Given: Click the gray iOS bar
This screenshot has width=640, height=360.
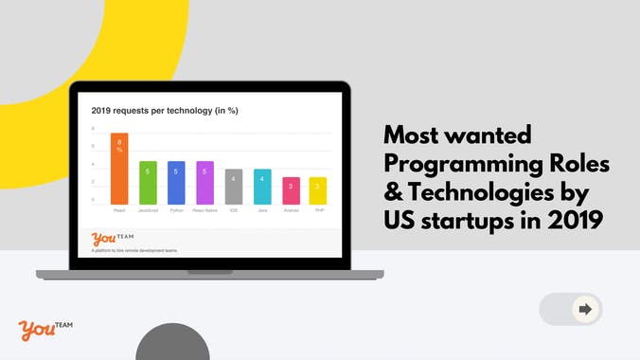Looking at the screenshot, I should pyautogui.click(x=234, y=187).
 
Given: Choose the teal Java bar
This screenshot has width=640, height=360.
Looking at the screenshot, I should pyautogui.click(x=262, y=187).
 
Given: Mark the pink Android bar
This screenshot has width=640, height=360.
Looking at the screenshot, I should pyautogui.click(x=291, y=190).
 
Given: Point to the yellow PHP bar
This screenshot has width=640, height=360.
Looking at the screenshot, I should pyautogui.click(x=319, y=190).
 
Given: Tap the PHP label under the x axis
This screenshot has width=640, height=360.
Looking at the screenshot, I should pyautogui.click(x=319, y=210).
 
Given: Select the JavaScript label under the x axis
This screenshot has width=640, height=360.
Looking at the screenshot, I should pyautogui.click(x=148, y=210).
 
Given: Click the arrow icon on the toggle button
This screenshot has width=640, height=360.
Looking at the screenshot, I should pyautogui.click(x=585, y=309).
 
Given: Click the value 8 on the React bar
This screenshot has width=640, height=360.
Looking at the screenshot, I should pyautogui.click(x=119, y=142).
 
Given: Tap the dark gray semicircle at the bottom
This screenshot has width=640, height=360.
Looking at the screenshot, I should pyautogui.click(x=172, y=344).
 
